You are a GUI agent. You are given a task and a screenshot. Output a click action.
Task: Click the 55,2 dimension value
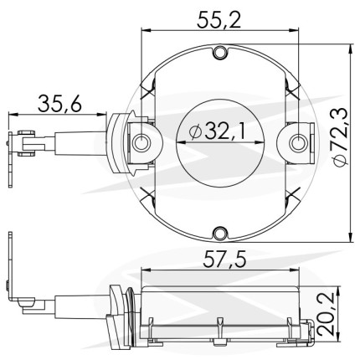(219, 19)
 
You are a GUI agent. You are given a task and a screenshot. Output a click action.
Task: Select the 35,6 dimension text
(59, 104)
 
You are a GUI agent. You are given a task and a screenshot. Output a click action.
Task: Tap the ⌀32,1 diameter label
(217, 131)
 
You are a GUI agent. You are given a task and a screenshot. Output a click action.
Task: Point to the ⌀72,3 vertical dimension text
(339, 137)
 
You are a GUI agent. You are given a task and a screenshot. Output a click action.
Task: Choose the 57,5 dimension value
(224, 260)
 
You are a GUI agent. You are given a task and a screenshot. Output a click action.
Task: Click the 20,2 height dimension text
(326, 314)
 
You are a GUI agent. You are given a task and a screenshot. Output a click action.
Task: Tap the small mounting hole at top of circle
(220, 53)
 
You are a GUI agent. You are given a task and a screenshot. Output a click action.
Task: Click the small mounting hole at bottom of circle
(220, 234)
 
